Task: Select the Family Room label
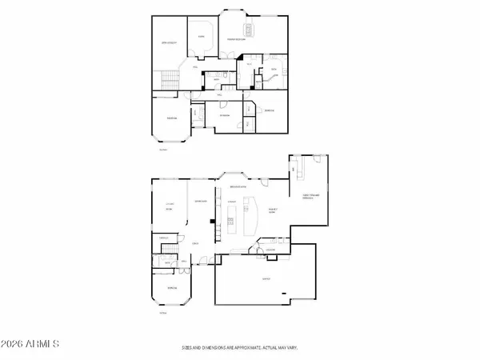click(273, 210)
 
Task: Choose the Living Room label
click(169, 207)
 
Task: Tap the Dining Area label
click(201, 202)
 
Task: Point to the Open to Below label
click(169, 42)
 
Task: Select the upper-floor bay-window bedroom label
click(171, 118)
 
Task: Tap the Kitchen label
click(231, 202)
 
